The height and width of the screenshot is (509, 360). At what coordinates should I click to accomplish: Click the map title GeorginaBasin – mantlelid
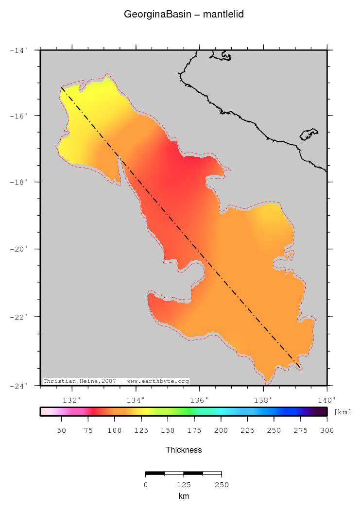(x=184, y=15)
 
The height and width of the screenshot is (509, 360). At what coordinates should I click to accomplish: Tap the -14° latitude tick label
(x=20, y=50)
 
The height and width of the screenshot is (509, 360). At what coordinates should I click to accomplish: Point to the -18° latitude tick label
(x=20, y=182)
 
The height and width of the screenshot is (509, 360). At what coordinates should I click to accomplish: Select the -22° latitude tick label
(x=20, y=317)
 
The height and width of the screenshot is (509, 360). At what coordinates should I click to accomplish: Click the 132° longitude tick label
(x=72, y=400)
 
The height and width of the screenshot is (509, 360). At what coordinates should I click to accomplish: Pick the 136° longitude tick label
(x=200, y=400)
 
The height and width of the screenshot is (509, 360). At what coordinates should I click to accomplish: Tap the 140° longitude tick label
(x=326, y=400)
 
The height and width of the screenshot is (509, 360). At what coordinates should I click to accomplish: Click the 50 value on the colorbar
(x=61, y=430)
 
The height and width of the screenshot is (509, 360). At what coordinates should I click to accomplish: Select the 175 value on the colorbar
(x=194, y=430)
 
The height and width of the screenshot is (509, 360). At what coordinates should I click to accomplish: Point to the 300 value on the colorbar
(x=327, y=430)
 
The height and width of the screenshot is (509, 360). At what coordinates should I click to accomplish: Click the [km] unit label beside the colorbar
(x=343, y=412)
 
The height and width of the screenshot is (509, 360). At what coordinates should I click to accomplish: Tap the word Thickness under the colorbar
(x=184, y=450)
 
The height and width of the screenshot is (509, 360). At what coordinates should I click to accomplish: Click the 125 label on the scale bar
(x=184, y=485)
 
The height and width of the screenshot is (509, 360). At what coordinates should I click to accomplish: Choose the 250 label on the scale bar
(x=222, y=485)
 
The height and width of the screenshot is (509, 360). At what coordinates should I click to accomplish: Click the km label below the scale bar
(x=184, y=496)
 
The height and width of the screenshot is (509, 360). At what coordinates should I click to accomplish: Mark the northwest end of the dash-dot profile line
(x=61, y=88)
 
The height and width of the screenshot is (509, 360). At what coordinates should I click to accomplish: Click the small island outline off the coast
(x=309, y=134)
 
